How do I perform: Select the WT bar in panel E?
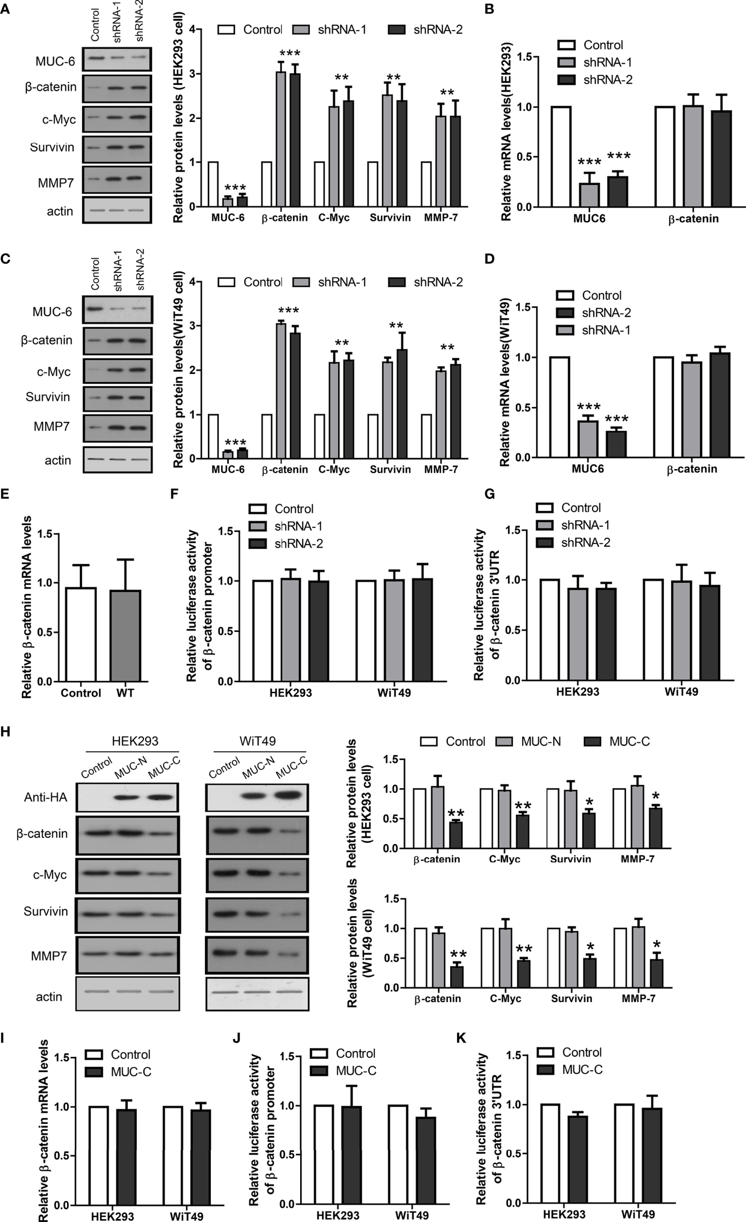click(126, 635)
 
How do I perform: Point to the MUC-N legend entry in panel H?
click(541, 742)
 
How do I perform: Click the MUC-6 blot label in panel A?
click(55, 62)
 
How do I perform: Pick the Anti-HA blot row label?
click(45, 797)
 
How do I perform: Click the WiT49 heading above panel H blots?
click(258, 741)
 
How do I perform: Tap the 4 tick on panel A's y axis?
click(192, 30)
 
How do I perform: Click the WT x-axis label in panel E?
click(126, 693)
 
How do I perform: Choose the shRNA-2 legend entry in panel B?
click(608, 79)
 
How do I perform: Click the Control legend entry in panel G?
click(581, 508)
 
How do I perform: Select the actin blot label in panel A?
click(60, 211)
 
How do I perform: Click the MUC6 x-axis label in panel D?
click(588, 469)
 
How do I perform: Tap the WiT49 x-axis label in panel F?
click(394, 693)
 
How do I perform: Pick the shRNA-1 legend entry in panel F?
click(299, 526)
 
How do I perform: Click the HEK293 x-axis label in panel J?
click(338, 1215)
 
